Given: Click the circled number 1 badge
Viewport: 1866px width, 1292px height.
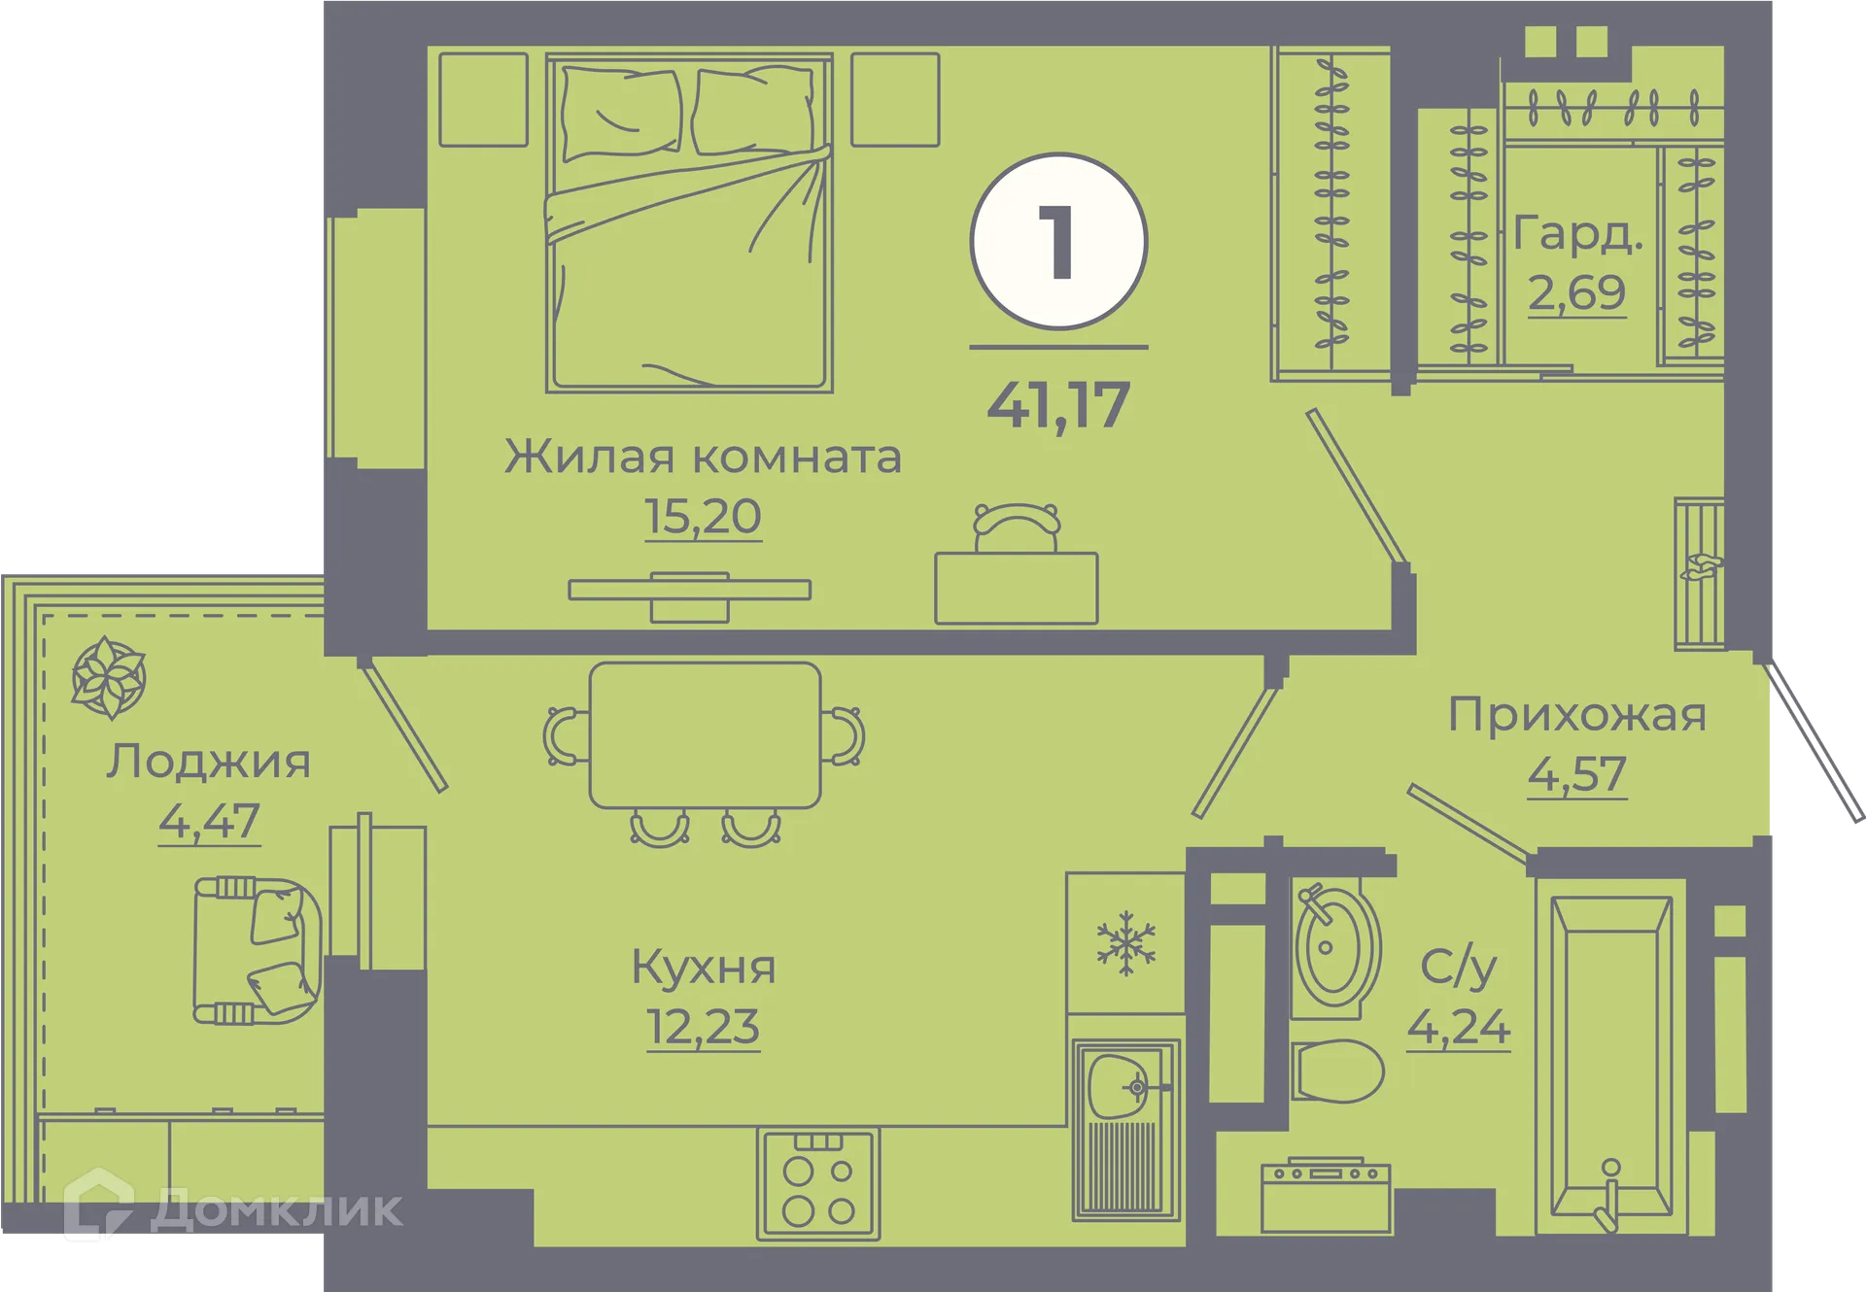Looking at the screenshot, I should [1058, 242].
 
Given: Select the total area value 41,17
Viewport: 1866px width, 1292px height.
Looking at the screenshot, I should [1058, 404].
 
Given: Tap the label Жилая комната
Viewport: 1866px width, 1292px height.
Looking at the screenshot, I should [703, 457].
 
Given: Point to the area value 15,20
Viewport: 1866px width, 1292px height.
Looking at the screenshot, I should [703, 516].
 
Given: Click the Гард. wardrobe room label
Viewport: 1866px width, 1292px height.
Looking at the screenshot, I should [1577, 234].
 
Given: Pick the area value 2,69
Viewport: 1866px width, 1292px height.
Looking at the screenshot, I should [1576, 292].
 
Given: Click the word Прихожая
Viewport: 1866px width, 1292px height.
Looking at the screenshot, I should [1576, 715].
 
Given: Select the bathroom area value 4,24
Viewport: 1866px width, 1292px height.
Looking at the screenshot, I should [1458, 1027].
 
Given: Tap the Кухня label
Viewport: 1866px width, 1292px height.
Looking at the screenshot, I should [704, 968].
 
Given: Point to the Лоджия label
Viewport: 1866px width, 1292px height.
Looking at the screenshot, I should [208, 762].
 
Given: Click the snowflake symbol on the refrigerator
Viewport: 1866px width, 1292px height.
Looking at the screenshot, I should [1125, 942].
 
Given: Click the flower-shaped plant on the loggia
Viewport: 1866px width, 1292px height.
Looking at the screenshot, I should [108, 678].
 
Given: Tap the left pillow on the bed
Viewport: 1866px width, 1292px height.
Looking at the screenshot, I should [621, 112].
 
